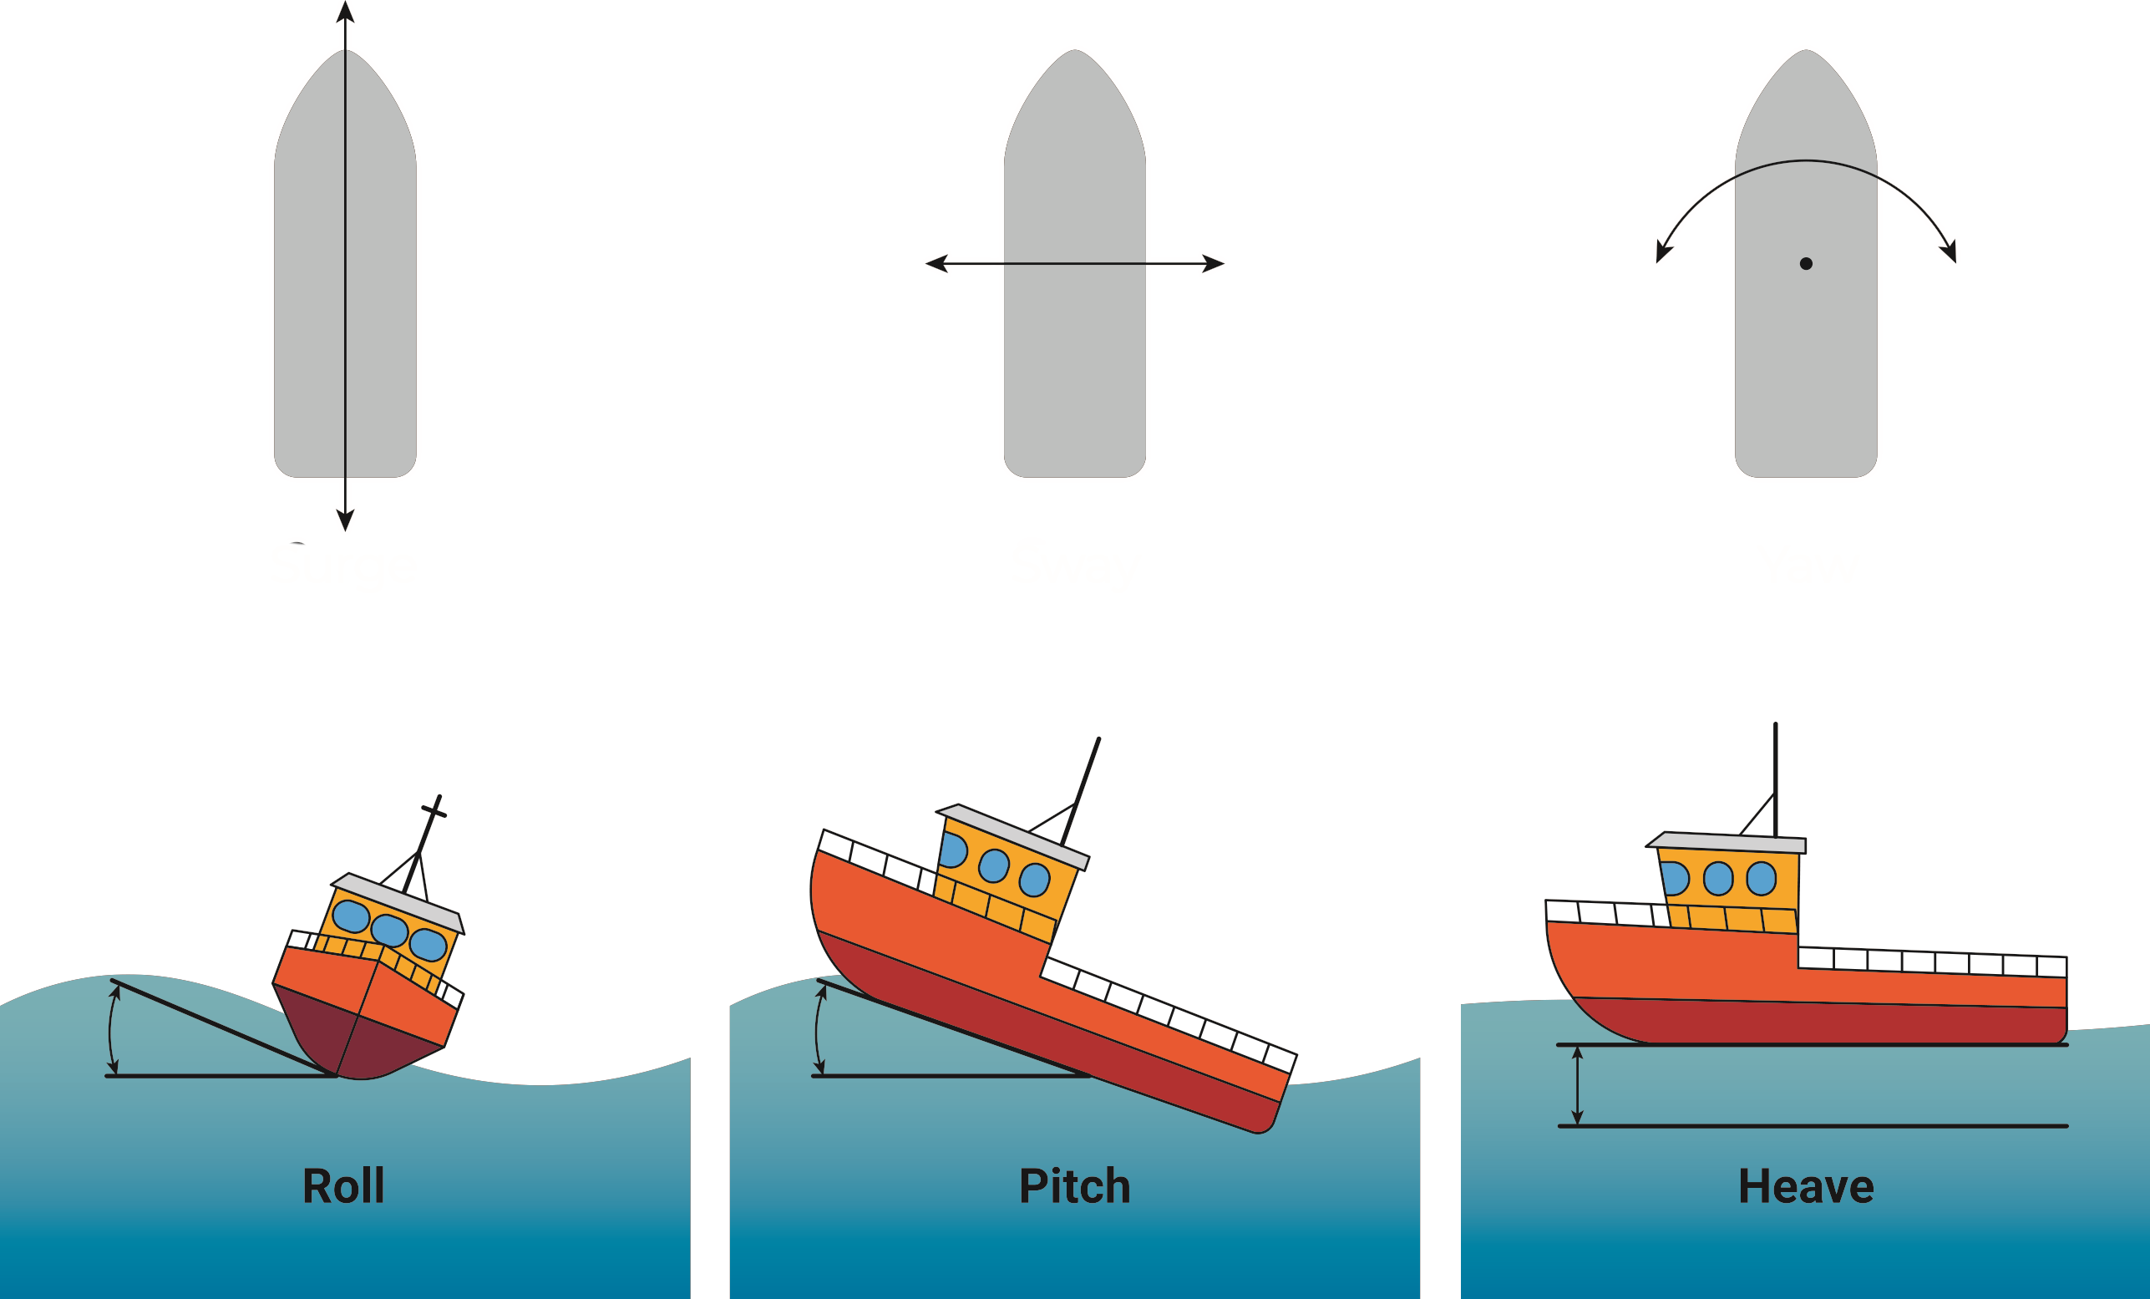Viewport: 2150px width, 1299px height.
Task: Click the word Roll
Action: (343, 1186)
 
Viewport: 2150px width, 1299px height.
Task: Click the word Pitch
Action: (1074, 1186)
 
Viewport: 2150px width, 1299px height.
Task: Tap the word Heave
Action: (1805, 1186)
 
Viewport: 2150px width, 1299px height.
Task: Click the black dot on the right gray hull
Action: (1806, 263)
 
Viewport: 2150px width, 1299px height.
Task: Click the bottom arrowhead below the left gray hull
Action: (346, 520)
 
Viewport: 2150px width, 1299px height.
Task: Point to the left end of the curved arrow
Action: (1662, 253)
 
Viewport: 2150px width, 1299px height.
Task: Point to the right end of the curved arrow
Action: (1950, 253)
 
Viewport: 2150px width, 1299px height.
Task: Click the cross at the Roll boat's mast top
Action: (434, 811)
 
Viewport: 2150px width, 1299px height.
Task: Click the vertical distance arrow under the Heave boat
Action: (1577, 1085)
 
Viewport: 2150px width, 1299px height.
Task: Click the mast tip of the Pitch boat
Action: (1098, 741)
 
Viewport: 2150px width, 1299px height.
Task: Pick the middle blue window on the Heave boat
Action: (1718, 879)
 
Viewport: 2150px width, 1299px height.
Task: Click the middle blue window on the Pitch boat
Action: (994, 865)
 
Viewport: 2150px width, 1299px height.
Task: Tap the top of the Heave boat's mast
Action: (1776, 726)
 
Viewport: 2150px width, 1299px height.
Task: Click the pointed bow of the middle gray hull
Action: (1075, 54)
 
